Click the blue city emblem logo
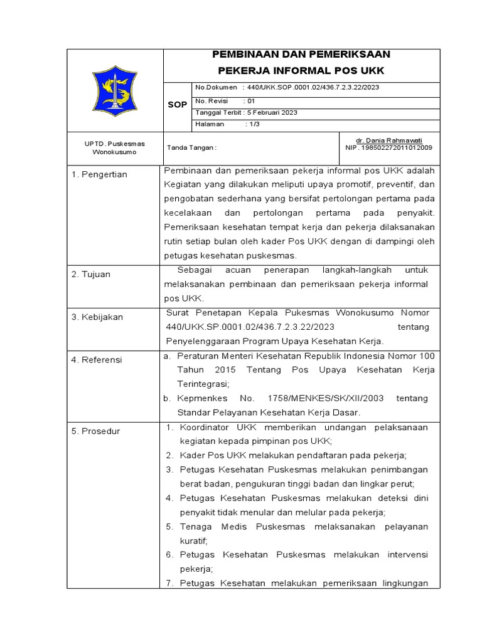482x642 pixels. pos(115,90)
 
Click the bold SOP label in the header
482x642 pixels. pos(177,105)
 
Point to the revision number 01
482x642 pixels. pos(251,100)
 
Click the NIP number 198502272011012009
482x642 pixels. pos(397,148)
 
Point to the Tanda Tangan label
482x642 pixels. pos(191,148)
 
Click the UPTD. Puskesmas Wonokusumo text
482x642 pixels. pos(114,148)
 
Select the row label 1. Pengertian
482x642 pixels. pos(99,174)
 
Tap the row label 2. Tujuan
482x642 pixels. pos(92,275)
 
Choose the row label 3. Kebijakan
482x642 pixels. pos(97,317)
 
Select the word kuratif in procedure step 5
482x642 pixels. pos(193,540)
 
